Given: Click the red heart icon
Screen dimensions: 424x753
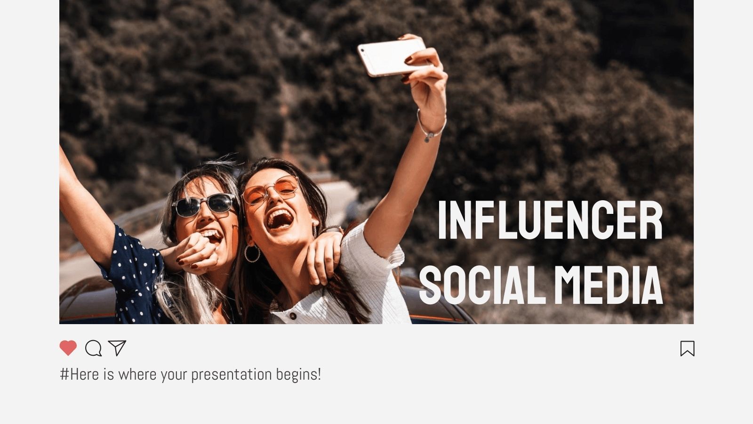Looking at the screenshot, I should [68, 348].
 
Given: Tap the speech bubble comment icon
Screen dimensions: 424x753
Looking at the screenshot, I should [93, 348].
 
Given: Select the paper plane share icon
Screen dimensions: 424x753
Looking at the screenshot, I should [117, 348].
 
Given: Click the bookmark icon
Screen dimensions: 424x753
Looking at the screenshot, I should [687, 349].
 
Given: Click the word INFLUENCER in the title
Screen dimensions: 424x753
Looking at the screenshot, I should [550, 220].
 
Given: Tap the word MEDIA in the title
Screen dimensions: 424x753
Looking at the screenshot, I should [609, 285].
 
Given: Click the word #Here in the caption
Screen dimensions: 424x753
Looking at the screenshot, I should [80, 375].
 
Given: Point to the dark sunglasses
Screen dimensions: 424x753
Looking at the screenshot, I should [204, 205].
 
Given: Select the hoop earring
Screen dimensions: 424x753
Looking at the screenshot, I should [252, 253].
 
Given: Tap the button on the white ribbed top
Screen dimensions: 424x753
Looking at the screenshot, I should [293, 316].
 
